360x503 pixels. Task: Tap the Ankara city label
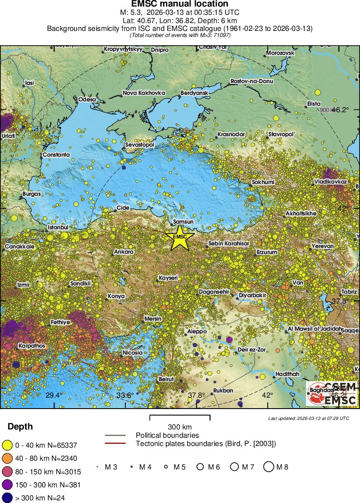(x=123, y=252)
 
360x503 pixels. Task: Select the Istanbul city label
(x=58, y=227)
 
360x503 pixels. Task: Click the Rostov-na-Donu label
(x=251, y=81)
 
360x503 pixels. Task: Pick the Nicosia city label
(x=132, y=352)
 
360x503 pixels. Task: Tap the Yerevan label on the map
(x=323, y=246)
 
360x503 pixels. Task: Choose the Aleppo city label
(x=196, y=331)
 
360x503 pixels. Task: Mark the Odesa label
(x=87, y=100)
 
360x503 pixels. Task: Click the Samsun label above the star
(x=183, y=222)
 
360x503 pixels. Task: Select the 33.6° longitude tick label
(x=124, y=395)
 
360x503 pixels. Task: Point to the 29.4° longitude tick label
(x=54, y=395)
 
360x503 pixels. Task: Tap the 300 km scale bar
(x=180, y=418)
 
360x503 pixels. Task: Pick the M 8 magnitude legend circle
(x=269, y=467)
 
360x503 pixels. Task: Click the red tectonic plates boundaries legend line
(x=115, y=443)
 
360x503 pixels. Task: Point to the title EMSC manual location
(x=180, y=4)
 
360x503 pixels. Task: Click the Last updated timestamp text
(x=309, y=418)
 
